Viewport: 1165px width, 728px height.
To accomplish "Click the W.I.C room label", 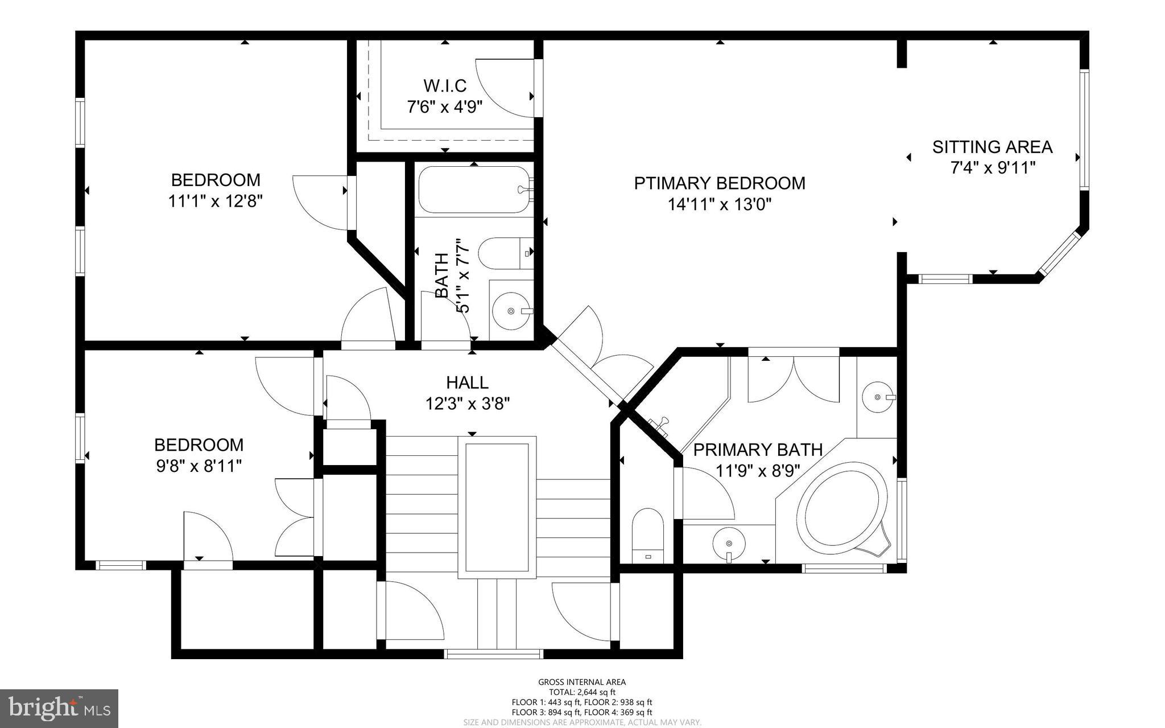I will (445, 86).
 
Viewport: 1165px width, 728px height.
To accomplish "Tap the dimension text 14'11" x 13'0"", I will (720, 204).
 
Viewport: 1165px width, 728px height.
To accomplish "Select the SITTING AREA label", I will (992, 147).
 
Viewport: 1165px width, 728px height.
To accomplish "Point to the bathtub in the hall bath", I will (473, 190).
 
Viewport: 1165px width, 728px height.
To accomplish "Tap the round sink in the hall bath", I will (511, 311).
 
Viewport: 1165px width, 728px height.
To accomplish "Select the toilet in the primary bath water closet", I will (648, 535).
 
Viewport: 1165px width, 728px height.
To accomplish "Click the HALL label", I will (467, 382).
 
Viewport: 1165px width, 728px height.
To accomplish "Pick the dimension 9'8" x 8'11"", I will (199, 466).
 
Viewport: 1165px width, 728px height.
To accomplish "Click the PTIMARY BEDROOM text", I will (720, 183).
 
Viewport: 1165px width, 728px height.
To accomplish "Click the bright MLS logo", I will (59, 708).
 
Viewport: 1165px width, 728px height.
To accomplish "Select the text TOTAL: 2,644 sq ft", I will (582, 692).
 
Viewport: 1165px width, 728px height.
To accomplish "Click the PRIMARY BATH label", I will (758, 450).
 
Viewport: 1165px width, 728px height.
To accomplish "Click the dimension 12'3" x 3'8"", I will (467, 404).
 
